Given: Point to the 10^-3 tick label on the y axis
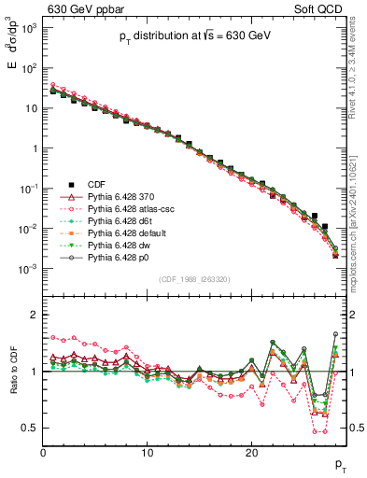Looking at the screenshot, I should click(29, 269).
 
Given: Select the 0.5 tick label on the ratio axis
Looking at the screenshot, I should click(30, 428).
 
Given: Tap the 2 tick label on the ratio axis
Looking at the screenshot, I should click(35, 315).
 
